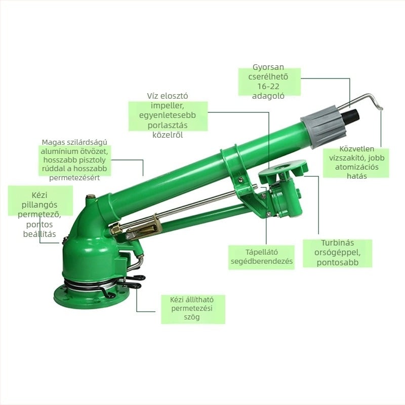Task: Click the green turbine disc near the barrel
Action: pos(283,168)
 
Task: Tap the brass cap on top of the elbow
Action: pos(91,197)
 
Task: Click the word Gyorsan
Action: pos(268,67)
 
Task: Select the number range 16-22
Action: pos(268,86)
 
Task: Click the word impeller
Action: pos(168,106)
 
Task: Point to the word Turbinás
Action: pos(337,243)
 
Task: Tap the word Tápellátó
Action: pos(261,252)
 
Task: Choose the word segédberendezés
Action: pos(261,261)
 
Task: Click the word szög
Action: pos(192,317)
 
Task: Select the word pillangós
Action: pos(39,205)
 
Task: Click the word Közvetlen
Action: pos(357,149)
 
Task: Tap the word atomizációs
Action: pos(357,167)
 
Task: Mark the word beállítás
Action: pos(39,234)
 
